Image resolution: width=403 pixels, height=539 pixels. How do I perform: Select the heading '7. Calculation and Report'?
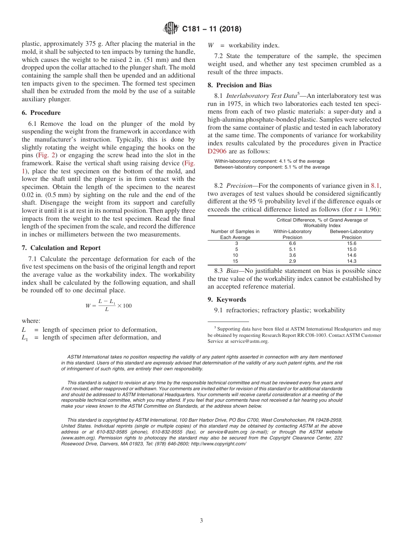click(61, 247)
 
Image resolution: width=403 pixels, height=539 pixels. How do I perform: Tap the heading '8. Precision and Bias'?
click(239, 85)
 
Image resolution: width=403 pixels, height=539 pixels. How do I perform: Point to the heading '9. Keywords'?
click(227, 300)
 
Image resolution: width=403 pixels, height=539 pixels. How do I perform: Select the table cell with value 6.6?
click(292, 243)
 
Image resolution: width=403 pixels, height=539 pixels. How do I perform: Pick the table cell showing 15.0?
click(352, 249)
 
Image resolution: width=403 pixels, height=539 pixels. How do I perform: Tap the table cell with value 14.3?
click(352, 261)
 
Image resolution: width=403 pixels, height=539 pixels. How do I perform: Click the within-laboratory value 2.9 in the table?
click(292, 261)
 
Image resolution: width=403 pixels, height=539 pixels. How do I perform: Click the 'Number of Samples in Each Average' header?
click(235, 234)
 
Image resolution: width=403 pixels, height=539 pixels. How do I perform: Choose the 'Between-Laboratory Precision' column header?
click(352, 234)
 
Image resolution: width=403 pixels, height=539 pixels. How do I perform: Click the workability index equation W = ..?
click(109, 306)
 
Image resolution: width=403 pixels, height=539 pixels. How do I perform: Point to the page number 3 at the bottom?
click(201, 520)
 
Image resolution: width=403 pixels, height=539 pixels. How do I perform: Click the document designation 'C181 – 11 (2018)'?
click(211, 29)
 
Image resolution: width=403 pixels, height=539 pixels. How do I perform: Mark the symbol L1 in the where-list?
click(25, 338)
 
